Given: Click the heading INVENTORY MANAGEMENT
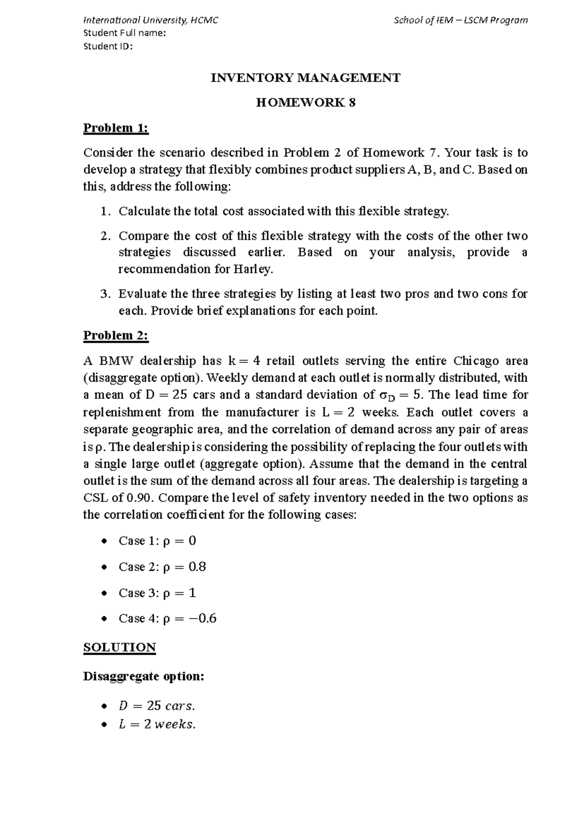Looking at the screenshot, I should coord(305,78).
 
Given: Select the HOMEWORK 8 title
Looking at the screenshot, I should coord(306,103).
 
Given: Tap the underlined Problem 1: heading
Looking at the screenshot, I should coord(116,128).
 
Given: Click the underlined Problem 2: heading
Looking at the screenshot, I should coord(116,336).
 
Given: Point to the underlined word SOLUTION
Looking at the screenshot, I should coord(120,647).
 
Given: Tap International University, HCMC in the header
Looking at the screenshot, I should coord(151,20).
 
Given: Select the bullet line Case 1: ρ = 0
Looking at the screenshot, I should coord(157,541).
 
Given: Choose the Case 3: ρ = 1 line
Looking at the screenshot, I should coord(157,593).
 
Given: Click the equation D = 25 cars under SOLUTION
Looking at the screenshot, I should coord(156,705).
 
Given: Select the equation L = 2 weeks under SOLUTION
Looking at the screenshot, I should coord(157,724).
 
